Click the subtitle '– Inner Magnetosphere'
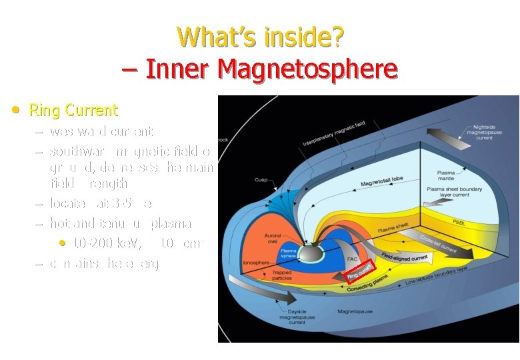261,68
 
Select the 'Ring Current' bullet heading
73,110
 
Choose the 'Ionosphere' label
255,262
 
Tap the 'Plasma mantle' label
446,176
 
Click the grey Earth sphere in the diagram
312,252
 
